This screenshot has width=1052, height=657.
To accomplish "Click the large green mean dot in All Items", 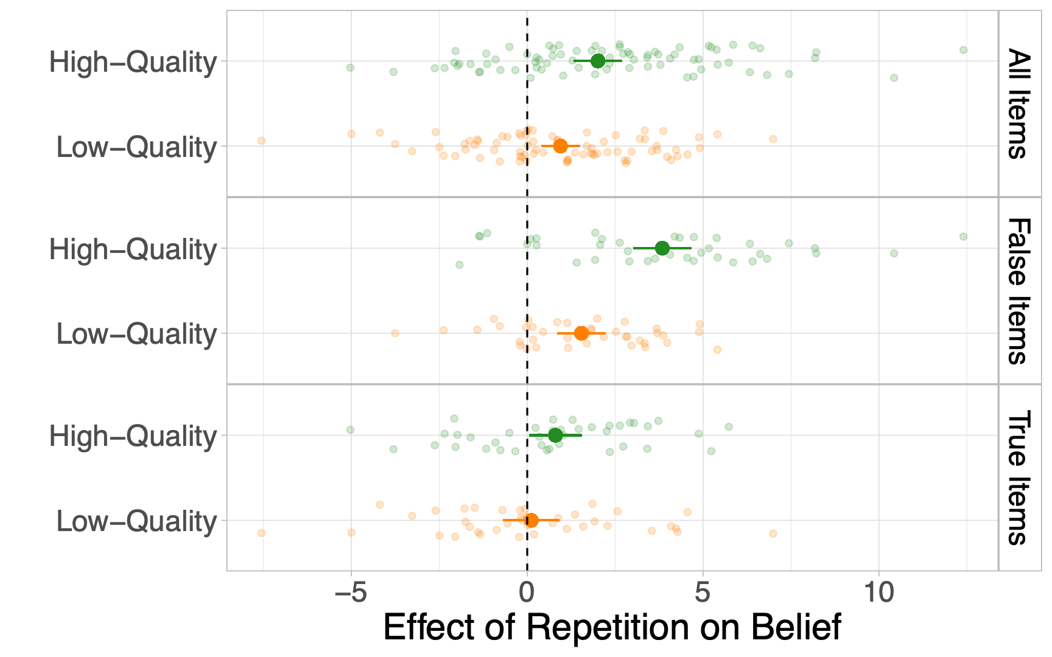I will click(x=598, y=61).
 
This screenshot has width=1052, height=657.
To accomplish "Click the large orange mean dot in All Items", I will click(x=561, y=146).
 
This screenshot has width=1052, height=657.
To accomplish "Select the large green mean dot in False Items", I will click(x=662, y=248).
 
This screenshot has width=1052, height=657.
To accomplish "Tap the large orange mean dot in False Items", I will click(x=581, y=333).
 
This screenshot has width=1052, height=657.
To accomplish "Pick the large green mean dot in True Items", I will click(x=555, y=436).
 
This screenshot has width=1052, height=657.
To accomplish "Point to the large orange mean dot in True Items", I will click(x=531, y=520).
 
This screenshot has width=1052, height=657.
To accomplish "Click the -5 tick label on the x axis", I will click(x=351, y=592).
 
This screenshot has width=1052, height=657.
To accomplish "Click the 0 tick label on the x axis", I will click(x=527, y=592).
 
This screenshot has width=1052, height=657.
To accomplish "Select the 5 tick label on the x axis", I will click(x=703, y=592).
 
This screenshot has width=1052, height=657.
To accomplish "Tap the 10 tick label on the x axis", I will click(x=879, y=592).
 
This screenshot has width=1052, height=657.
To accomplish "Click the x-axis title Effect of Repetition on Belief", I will click(x=612, y=627).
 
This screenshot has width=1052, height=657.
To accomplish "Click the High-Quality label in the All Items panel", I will click(x=133, y=63).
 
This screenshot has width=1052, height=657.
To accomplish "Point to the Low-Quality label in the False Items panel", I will click(x=136, y=335).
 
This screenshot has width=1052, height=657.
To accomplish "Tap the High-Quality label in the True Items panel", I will click(x=133, y=437).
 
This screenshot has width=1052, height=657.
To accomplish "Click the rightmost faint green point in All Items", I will click(x=963, y=50).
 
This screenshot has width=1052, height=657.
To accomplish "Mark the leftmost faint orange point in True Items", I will click(x=261, y=533).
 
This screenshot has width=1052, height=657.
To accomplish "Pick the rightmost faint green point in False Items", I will click(x=963, y=237).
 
